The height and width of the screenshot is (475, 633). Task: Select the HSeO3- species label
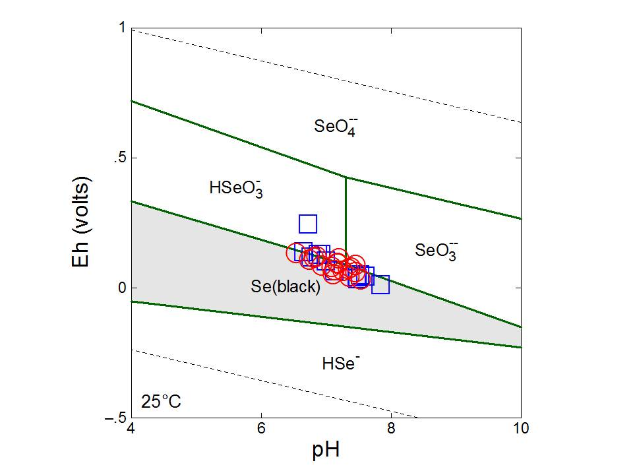click(x=233, y=188)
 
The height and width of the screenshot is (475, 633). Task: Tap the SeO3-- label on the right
click(x=437, y=250)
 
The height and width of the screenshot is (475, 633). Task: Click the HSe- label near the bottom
click(x=340, y=362)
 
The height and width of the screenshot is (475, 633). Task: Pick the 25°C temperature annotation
click(x=161, y=401)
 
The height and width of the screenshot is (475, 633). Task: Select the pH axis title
click(x=326, y=451)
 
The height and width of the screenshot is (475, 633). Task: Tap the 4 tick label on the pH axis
click(x=132, y=428)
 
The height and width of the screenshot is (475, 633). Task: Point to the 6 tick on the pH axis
click(x=261, y=428)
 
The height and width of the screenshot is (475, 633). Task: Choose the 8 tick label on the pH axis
click(x=391, y=428)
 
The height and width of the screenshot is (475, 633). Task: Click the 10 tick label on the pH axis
click(x=521, y=428)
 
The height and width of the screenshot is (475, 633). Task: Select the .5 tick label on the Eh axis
click(x=119, y=158)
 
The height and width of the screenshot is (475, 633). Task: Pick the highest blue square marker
click(x=308, y=224)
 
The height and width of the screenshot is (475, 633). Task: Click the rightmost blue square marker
click(x=380, y=284)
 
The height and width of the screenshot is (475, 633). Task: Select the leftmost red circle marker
click(x=297, y=252)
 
